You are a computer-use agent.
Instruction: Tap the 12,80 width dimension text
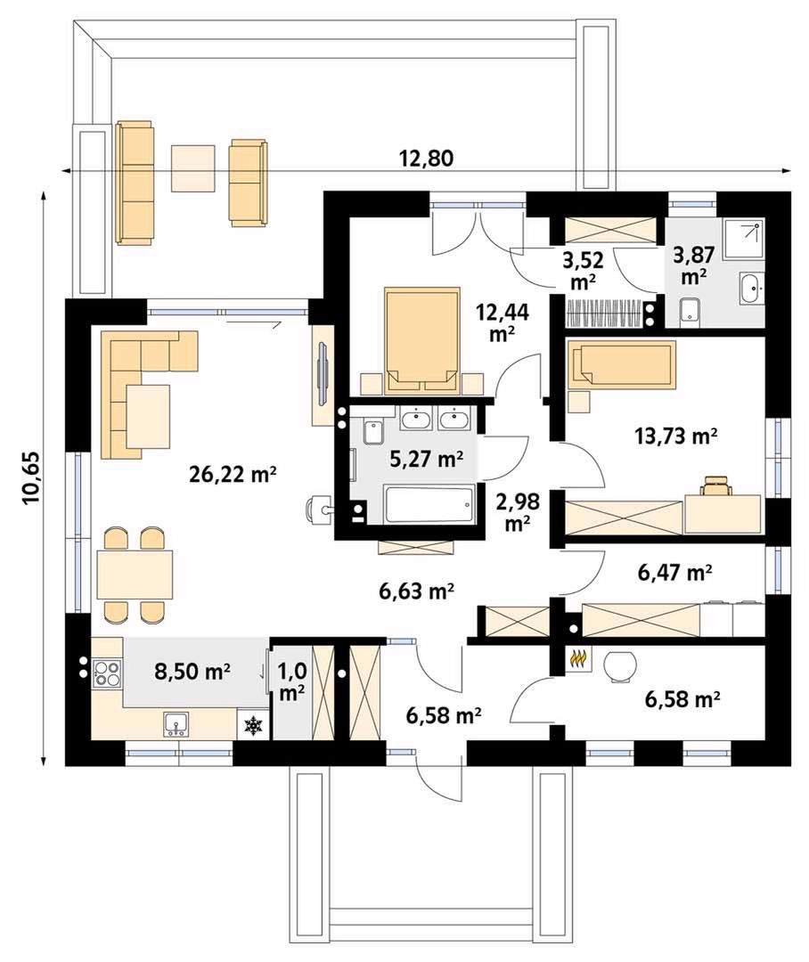pyautogui.click(x=427, y=159)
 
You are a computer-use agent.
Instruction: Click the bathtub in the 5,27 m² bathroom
pyautogui.click(x=430, y=504)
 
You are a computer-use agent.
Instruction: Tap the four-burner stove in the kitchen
pyautogui.click(x=107, y=672)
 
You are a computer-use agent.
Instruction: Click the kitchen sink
pyautogui.click(x=176, y=724)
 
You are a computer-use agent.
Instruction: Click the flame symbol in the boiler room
pyautogui.click(x=577, y=659)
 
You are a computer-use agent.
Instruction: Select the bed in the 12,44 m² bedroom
pyautogui.click(x=423, y=339)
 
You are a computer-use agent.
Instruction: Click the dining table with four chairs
pyautogui.click(x=135, y=575)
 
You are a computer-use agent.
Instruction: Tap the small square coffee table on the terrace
pyautogui.click(x=192, y=167)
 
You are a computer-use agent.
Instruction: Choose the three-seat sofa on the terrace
pyautogui.click(x=134, y=183)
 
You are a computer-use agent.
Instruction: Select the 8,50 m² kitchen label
pyautogui.click(x=192, y=672)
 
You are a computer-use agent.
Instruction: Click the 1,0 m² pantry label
pyautogui.click(x=292, y=681)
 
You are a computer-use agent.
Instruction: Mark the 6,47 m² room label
pyautogui.click(x=674, y=573)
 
